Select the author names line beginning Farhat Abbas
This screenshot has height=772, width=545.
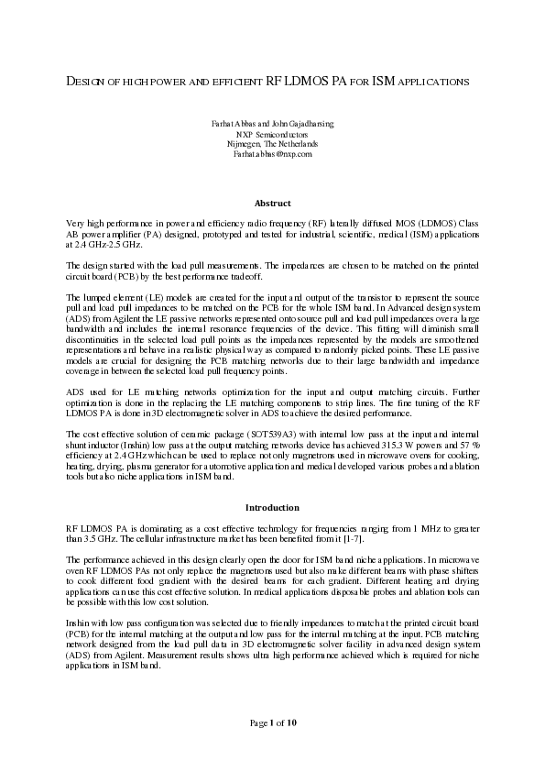point(272,124)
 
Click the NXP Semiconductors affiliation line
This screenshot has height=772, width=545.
point(272,134)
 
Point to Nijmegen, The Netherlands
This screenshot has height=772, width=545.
point(272,144)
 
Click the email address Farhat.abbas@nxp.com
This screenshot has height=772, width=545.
point(272,154)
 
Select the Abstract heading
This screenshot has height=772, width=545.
point(272,204)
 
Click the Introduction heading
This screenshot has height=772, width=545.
point(272,507)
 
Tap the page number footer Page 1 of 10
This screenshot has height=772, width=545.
point(272,723)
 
